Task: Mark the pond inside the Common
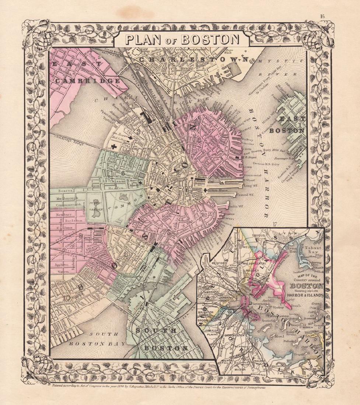[123, 199]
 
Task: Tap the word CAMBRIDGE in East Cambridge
[85, 81]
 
